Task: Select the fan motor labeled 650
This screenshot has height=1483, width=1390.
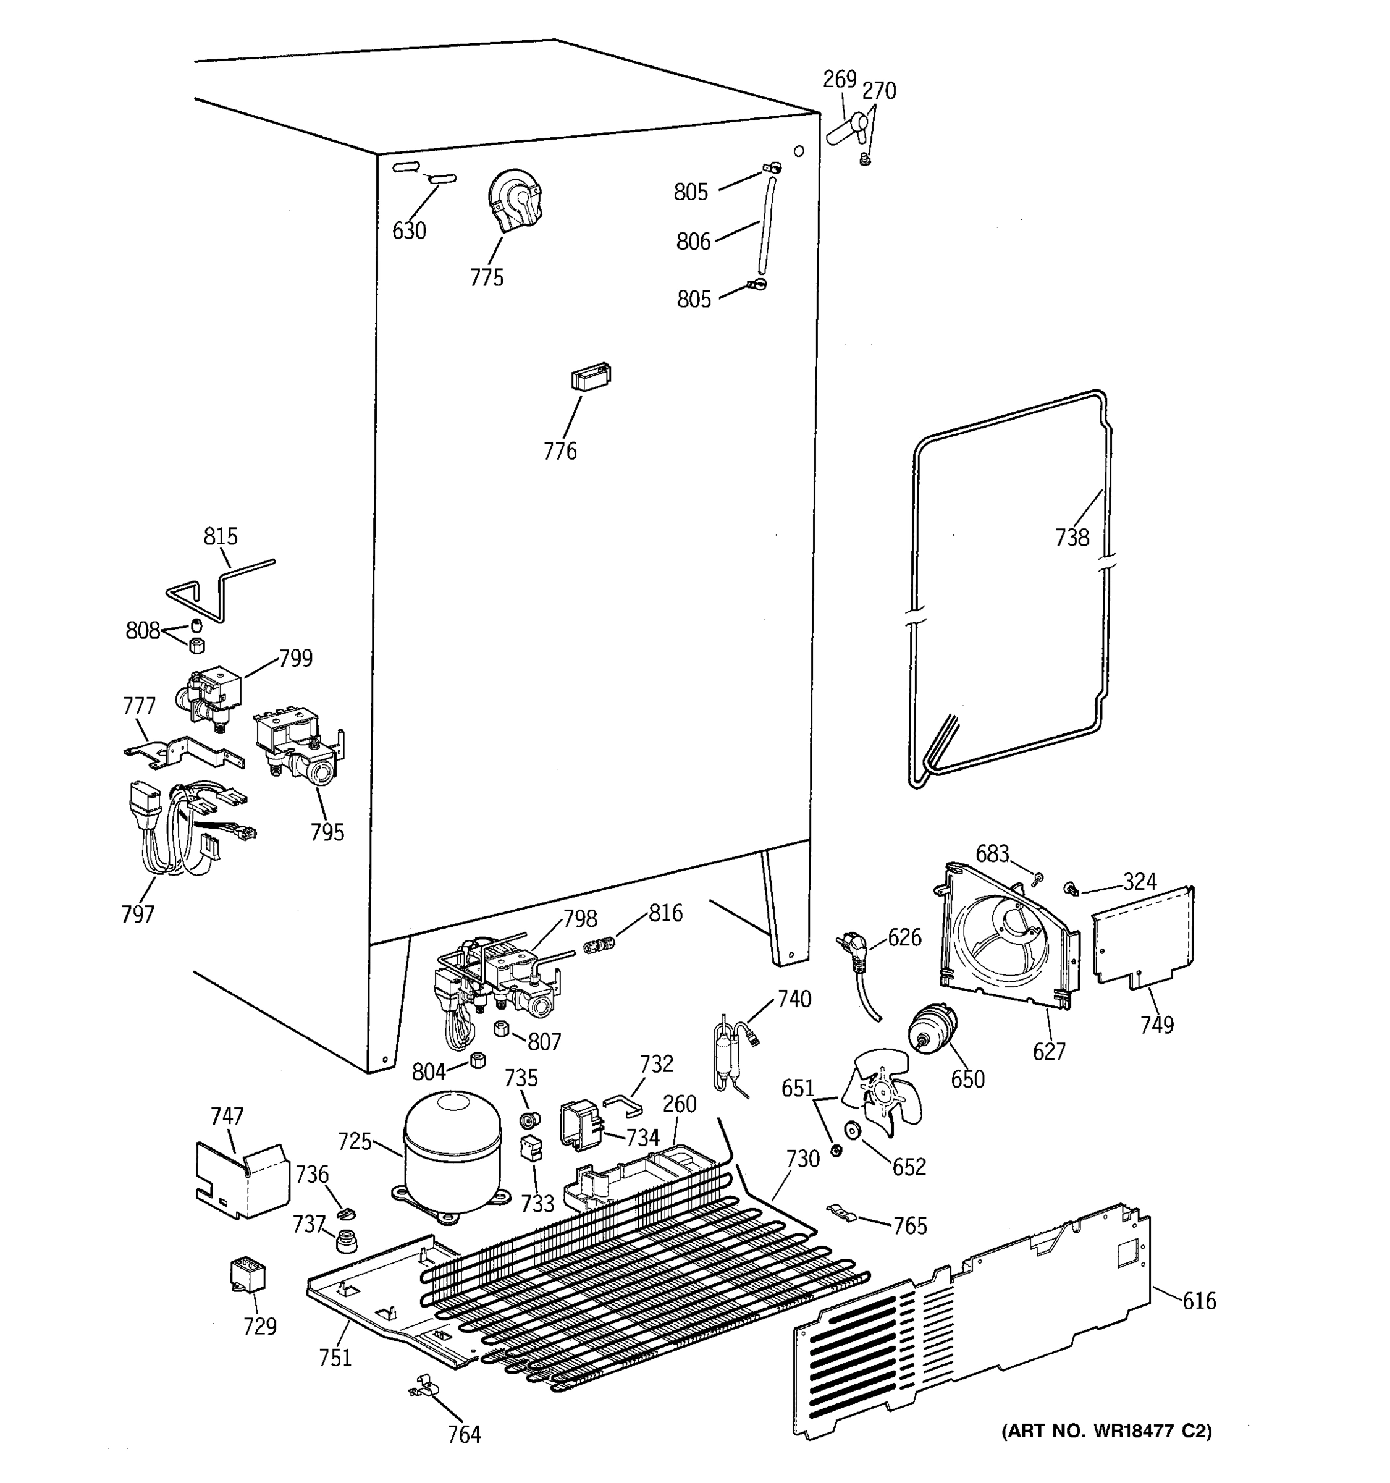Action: click(932, 1029)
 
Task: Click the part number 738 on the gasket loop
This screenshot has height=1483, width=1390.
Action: click(1072, 537)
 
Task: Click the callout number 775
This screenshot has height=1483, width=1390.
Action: click(486, 277)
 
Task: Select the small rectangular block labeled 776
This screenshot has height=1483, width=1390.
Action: click(591, 377)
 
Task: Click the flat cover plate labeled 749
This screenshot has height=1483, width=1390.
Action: click(1142, 936)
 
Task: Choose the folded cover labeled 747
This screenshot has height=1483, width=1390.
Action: click(240, 1178)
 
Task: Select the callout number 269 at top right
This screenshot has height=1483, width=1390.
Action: click(839, 79)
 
